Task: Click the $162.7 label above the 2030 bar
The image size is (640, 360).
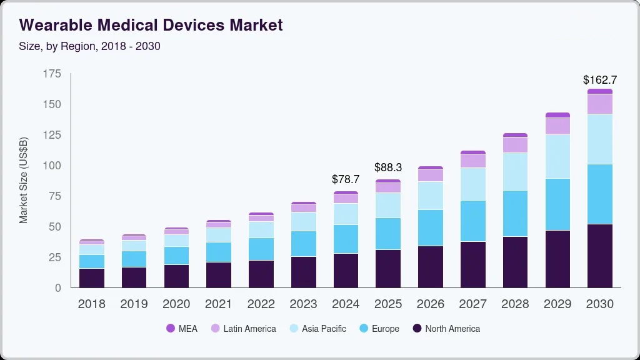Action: [599, 80]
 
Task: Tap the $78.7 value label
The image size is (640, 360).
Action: [345, 179]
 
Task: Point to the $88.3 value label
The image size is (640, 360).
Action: [387, 167]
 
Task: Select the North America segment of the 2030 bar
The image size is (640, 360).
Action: [599, 256]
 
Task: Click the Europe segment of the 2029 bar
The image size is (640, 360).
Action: [557, 204]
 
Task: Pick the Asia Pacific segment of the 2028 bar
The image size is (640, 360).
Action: [515, 171]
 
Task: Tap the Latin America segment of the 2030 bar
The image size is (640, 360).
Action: [599, 104]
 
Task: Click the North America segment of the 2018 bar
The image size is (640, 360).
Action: [92, 277]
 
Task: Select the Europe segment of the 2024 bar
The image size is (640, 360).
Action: [345, 239]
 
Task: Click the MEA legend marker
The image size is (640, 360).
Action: [171, 329]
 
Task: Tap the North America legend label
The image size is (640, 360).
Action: [452, 329]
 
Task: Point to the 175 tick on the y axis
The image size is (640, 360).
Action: [52, 74]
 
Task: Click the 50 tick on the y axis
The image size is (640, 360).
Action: [55, 227]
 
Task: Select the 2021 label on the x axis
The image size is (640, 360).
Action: [219, 304]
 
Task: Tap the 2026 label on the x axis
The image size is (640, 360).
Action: [430, 304]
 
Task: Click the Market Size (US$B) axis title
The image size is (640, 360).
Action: [24, 181]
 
